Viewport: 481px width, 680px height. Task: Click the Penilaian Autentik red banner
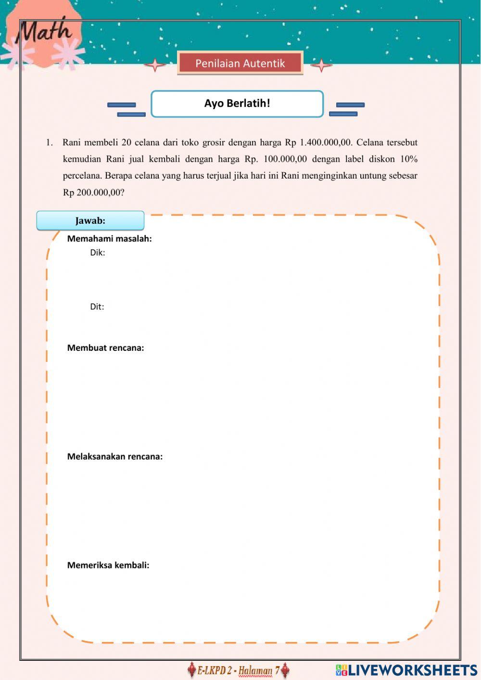pyautogui.click(x=240, y=64)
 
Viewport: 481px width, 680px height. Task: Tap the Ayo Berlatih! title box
pyautogui.click(x=237, y=103)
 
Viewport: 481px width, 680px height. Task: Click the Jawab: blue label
pyautogui.click(x=90, y=221)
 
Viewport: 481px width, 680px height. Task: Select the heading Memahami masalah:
pyautogui.click(x=109, y=239)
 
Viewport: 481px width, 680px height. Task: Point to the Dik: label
pyautogui.click(x=97, y=253)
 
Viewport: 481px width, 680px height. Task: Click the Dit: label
pyautogui.click(x=97, y=307)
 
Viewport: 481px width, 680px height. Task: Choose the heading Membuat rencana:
pyautogui.click(x=105, y=348)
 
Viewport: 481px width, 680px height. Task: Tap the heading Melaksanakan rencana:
pyautogui.click(x=114, y=457)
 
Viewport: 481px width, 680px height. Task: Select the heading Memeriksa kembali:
pyautogui.click(x=108, y=565)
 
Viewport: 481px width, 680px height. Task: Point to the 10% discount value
pyautogui.click(x=408, y=159)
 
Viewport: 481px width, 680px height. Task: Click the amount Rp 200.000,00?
pyautogui.click(x=93, y=192)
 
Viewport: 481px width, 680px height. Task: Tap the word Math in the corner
pyautogui.click(x=44, y=32)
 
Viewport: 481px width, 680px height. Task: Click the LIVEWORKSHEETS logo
pyautogui.click(x=406, y=670)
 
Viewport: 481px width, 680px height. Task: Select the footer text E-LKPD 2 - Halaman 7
pyautogui.click(x=238, y=670)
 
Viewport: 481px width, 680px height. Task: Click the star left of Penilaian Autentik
pyautogui.click(x=155, y=64)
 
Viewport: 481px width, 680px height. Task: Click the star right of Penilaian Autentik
pyautogui.click(x=321, y=64)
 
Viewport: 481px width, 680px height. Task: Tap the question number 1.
pyautogui.click(x=49, y=143)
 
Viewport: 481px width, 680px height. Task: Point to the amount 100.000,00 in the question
pyautogui.click(x=285, y=159)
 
